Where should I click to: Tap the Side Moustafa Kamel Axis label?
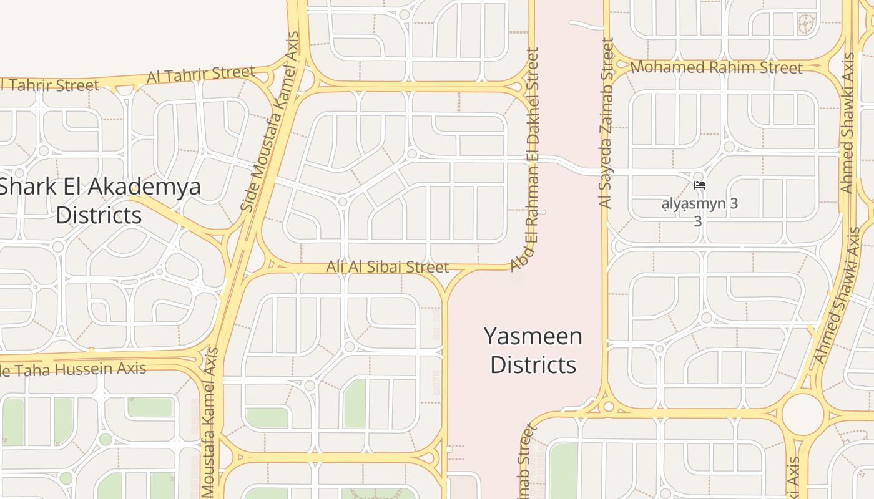click(x=270, y=122)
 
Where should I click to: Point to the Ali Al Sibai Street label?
click(x=387, y=267)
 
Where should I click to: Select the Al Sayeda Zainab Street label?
click(x=606, y=123)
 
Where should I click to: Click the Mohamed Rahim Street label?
click(x=716, y=67)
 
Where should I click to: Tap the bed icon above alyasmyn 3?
click(x=699, y=185)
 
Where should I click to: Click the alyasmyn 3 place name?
click(x=699, y=203)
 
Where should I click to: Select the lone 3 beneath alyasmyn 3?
click(x=698, y=221)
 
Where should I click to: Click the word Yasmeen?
click(x=533, y=337)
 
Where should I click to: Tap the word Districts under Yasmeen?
click(x=533, y=364)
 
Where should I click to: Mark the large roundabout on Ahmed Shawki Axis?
click(x=803, y=414)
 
